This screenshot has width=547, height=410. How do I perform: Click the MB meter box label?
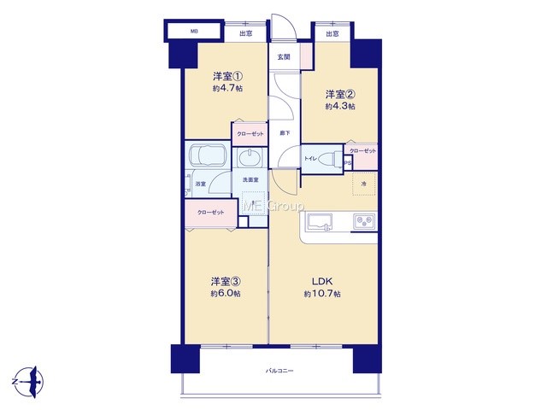click(x=194, y=32)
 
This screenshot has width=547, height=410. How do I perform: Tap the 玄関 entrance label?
click(x=284, y=57)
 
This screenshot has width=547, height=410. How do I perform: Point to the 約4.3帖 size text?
click(x=340, y=106)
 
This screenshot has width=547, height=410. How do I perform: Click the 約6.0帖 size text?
click(x=226, y=294)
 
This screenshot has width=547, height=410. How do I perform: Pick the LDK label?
click(x=322, y=281)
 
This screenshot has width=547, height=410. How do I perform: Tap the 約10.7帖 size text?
click(x=322, y=294)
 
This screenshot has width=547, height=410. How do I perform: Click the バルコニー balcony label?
click(x=279, y=371)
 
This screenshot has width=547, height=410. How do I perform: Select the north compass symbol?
click(x=29, y=382)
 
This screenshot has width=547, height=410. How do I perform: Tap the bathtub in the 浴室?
click(x=207, y=155)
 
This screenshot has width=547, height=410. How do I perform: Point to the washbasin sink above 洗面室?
click(x=250, y=158)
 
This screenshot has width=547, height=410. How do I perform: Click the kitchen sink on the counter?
click(x=320, y=222)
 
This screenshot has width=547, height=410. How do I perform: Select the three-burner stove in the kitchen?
click(x=364, y=221)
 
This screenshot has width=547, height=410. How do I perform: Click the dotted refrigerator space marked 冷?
click(x=364, y=184)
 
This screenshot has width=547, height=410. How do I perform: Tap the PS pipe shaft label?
click(x=348, y=163)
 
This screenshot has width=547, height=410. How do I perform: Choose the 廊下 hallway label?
click(x=285, y=133)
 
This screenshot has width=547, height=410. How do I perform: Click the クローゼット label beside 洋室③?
click(x=211, y=213)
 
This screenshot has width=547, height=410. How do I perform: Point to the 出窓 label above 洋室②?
click(x=332, y=34)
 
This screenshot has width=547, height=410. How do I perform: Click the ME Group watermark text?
click(x=273, y=206)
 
